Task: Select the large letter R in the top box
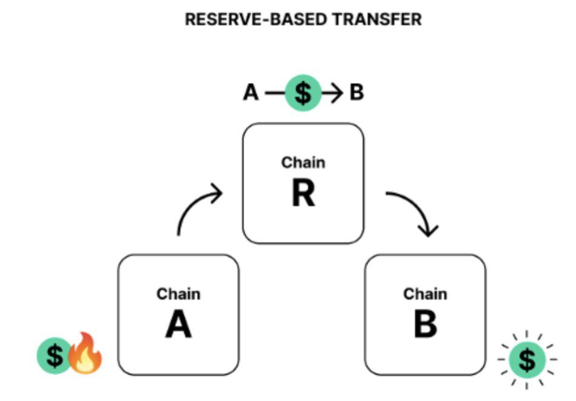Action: [303, 193]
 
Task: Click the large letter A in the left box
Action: [178, 325]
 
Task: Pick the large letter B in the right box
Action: [425, 325]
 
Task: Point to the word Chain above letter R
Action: [303, 162]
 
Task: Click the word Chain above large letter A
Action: [178, 294]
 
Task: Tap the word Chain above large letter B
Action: [425, 294]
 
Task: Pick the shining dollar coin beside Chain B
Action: [527, 360]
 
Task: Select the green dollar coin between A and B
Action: [303, 93]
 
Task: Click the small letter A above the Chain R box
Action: [250, 93]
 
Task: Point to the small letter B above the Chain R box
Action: [357, 93]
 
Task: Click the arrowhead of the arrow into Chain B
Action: [429, 231]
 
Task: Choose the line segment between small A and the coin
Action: [275, 93]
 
